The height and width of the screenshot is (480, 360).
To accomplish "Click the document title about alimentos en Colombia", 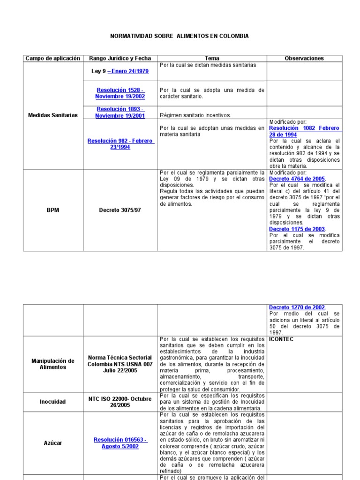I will coord(180,36).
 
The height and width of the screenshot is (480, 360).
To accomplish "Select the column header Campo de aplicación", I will coord(53,59).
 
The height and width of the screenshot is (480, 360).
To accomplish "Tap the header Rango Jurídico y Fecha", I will coord(120,59).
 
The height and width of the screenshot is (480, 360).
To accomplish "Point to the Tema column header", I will coord(212,59).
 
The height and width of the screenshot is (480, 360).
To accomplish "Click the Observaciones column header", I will coord(304,59).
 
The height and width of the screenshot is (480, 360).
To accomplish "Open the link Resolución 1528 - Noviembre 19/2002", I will coord(120,93).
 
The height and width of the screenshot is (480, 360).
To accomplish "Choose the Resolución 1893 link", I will coord(120,112).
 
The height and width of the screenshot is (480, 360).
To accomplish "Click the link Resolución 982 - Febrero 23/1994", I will coord(120,143).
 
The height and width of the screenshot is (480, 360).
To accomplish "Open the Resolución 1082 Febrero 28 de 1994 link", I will coord(305,131).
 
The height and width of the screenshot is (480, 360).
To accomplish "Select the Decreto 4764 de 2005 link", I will coord(297,179).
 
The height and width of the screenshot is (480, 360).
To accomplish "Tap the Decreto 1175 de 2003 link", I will coord(297,229).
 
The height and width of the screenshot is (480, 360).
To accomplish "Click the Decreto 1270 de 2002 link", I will coord(297,307).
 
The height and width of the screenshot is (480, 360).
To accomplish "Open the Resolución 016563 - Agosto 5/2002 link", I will coord(120,443).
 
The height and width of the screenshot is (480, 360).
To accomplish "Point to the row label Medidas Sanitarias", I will coord(53,115).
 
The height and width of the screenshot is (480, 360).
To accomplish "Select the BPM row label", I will coord(53,210).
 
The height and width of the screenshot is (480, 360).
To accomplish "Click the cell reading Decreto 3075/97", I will coord(120,210).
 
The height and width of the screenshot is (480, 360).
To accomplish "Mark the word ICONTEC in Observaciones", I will coord(281,339).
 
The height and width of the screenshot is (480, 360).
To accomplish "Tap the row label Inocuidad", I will coord(53,402).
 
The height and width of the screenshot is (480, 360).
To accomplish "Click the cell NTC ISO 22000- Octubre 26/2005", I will coord(120,402).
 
